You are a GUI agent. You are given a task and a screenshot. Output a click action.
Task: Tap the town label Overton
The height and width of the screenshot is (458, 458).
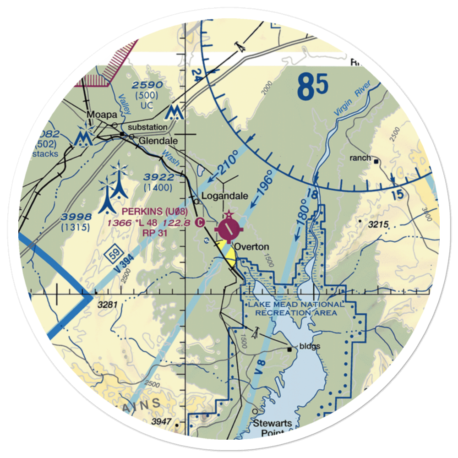(x=251, y=247)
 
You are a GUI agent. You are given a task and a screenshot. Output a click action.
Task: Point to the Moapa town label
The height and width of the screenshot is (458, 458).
(x=100, y=114)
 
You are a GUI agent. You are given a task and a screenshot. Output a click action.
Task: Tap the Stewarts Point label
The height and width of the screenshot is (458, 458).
(x=273, y=428)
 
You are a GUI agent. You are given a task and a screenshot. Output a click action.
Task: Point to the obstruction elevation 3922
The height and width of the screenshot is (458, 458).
(x=158, y=177)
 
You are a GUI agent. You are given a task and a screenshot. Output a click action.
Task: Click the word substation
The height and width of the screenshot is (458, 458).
(x=147, y=127)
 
